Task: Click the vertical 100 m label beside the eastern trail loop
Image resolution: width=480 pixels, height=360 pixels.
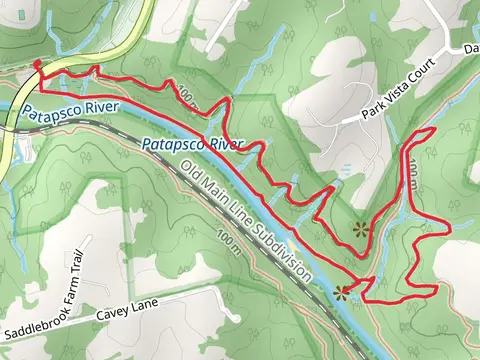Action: [x=414, y=181]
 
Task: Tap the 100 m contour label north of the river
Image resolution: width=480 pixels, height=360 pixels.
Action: [x=186, y=97]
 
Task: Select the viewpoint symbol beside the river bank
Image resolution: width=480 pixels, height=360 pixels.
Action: [x=344, y=293]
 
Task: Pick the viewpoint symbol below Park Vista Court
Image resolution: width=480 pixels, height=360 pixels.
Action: [x=361, y=229]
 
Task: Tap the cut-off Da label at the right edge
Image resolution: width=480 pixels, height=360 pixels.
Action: [x=471, y=48]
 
